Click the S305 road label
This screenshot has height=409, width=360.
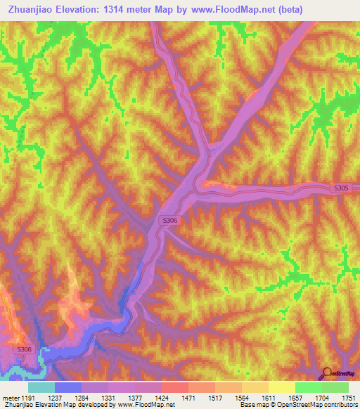point(340,188)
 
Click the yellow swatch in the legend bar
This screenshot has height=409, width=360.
point(281,387)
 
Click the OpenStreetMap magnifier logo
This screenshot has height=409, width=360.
point(328,373)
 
